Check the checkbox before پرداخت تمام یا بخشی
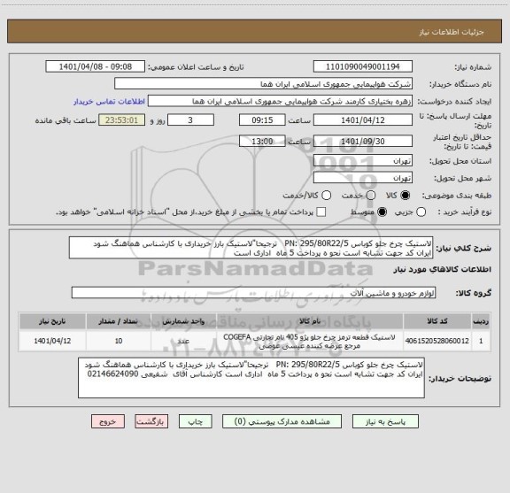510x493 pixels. tap(321, 212)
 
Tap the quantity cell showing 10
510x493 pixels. tap(120, 339)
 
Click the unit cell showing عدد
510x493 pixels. tap(184, 339)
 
